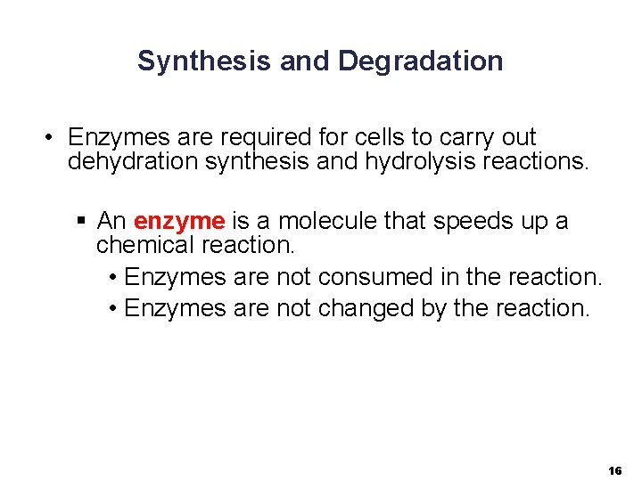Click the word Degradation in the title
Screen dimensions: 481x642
point(421,61)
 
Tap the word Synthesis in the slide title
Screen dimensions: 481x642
point(204,61)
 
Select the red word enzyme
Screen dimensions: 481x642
point(178,221)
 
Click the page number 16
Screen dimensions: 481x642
point(614,469)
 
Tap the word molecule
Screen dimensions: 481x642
point(327,221)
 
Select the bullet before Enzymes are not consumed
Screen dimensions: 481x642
point(113,278)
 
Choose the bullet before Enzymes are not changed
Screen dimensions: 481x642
point(113,309)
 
